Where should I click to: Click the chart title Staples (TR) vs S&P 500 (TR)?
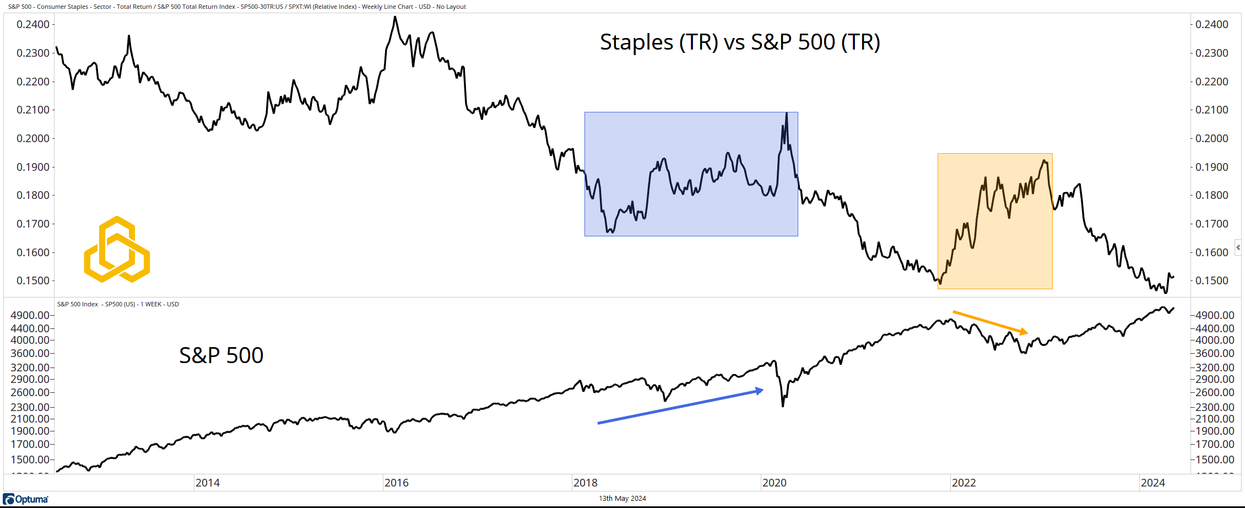pos(739,42)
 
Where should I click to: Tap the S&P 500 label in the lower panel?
pos(221,355)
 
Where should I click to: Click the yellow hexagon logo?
pos(117,250)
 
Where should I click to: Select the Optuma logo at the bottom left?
pos(26,499)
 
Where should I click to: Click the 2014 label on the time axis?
pos(208,483)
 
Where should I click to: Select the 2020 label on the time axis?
pos(774,483)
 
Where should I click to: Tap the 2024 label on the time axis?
pos(1152,483)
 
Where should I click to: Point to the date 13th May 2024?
pos(622,499)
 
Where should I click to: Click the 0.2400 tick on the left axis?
pos(33,24)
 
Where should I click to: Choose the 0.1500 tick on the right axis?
pos(1212,280)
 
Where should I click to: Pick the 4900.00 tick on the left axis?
pos(30,315)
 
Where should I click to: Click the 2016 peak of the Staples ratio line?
pos(395,17)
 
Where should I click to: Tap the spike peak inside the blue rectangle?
pos(786,114)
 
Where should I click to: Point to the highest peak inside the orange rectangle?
pos(1043,161)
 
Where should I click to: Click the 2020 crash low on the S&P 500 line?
pos(783,406)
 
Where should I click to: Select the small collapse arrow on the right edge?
pos(1238,247)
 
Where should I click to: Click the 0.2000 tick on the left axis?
pos(33,138)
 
